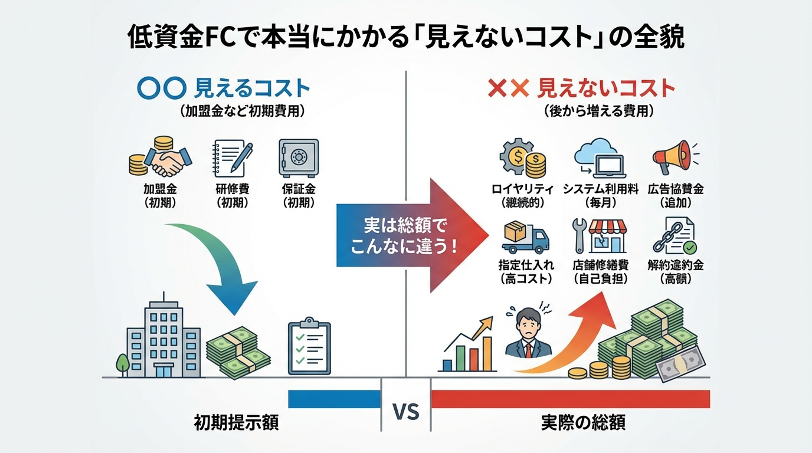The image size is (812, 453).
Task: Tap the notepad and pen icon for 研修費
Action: [x=232, y=159]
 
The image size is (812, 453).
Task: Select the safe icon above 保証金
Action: [x=298, y=159]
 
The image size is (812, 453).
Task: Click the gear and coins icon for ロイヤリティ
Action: [x=523, y=159]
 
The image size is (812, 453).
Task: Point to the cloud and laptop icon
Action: [x=600, y=158]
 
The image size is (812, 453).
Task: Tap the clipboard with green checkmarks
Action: [x=309, y=348]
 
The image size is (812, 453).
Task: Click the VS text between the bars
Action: [x=406, y=411]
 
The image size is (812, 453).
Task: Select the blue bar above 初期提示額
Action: [x=334, y=399]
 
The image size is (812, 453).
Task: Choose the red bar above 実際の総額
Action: [x=570, y=399]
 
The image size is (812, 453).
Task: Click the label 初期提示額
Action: [x=236, y=423]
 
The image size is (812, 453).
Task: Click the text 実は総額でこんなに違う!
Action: [x=404, y=236]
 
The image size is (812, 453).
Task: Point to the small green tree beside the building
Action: [x=122, y=363]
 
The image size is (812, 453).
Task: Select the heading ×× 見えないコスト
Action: [x=582, y=88]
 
